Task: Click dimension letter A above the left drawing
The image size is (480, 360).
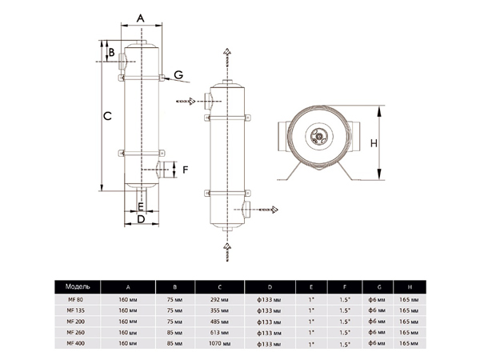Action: pyautogui.click(x=140, y=18)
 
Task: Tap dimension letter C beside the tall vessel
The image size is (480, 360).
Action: pyautogui.click(x=106, y=116)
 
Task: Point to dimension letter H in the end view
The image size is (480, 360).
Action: pyautogui.click(x=373, y=144)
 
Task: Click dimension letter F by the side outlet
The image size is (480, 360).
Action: pyautogui.click(x=185, y=170)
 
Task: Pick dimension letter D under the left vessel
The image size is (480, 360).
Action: pyautogui.click(x=140, y=218)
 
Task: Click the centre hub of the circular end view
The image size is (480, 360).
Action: pyautogui.click(x=321, y=137)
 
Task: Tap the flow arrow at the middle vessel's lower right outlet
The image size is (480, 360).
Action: pyautogui.click(x=272, y=210)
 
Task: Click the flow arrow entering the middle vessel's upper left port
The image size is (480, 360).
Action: pyautogui.click(x=190, y=101)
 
